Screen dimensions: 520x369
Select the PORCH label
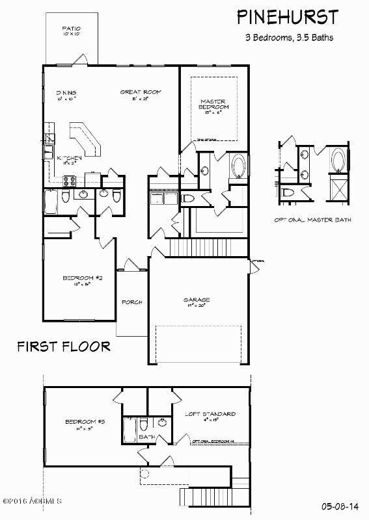tap(132, 303)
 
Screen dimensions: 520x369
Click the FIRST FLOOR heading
tap(63, 345)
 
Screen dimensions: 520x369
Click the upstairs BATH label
tap(147, 437)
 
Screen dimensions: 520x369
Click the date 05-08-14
tap(339, 504)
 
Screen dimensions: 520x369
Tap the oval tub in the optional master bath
tap(339, 159)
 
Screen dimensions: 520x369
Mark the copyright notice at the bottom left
tap(31, 501)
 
